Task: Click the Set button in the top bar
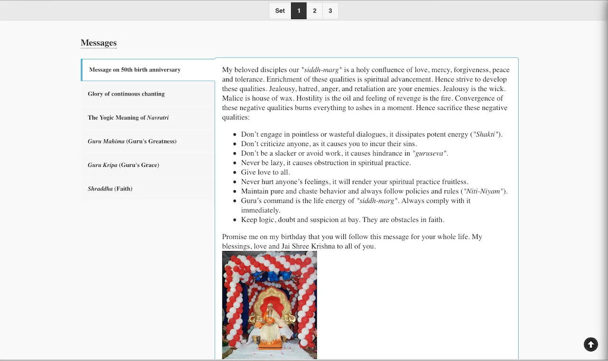[280, 11]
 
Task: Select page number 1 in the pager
[299, 11]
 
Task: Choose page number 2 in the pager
[314, 11]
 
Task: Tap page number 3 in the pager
[330, 11]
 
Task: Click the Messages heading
[99, 43]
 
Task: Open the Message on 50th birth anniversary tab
[135, 70]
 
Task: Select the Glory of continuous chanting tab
[126, 94]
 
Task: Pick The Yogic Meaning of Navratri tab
[128, 118]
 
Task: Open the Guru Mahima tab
[132, 141]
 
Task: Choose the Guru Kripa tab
[123, 165]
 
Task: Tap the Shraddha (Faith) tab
[110, 189]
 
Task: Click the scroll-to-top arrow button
[591, 344]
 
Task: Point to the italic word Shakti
[485, 134]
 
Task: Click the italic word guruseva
[429, 153]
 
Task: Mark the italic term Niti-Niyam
[483, 191]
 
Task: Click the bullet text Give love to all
[265, 172]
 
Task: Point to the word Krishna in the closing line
[323, 246]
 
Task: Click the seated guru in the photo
[269, 323]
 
